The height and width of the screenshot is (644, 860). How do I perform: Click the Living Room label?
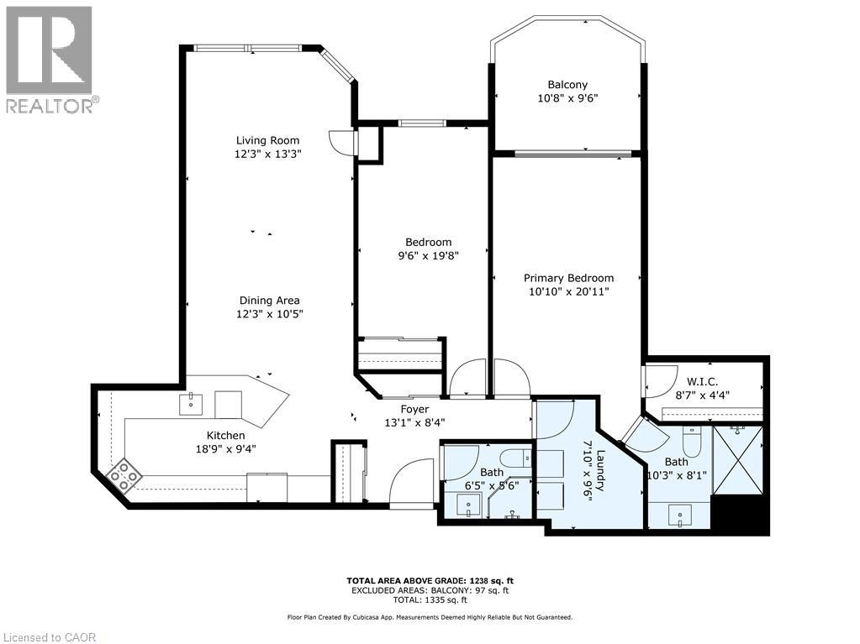point(266,140)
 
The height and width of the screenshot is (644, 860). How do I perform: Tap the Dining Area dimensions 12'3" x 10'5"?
point(269,314)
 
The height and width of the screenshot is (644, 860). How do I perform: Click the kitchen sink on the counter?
point(192,404)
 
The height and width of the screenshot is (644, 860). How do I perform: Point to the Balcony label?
point(567,85)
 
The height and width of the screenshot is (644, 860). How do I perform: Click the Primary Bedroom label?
point(568,278)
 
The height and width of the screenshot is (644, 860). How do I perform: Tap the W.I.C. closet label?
point(700,382)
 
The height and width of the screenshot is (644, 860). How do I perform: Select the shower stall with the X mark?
point(737,461)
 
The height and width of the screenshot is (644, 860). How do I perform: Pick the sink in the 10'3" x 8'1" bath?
point(678,515)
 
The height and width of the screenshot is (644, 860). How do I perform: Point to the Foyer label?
point(414,409)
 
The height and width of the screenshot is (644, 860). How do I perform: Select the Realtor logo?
point(50,60)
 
